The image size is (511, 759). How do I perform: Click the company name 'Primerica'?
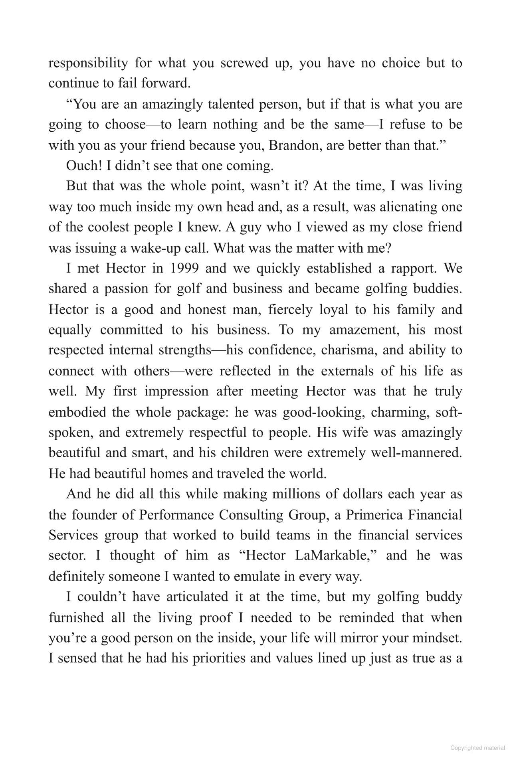374,515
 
